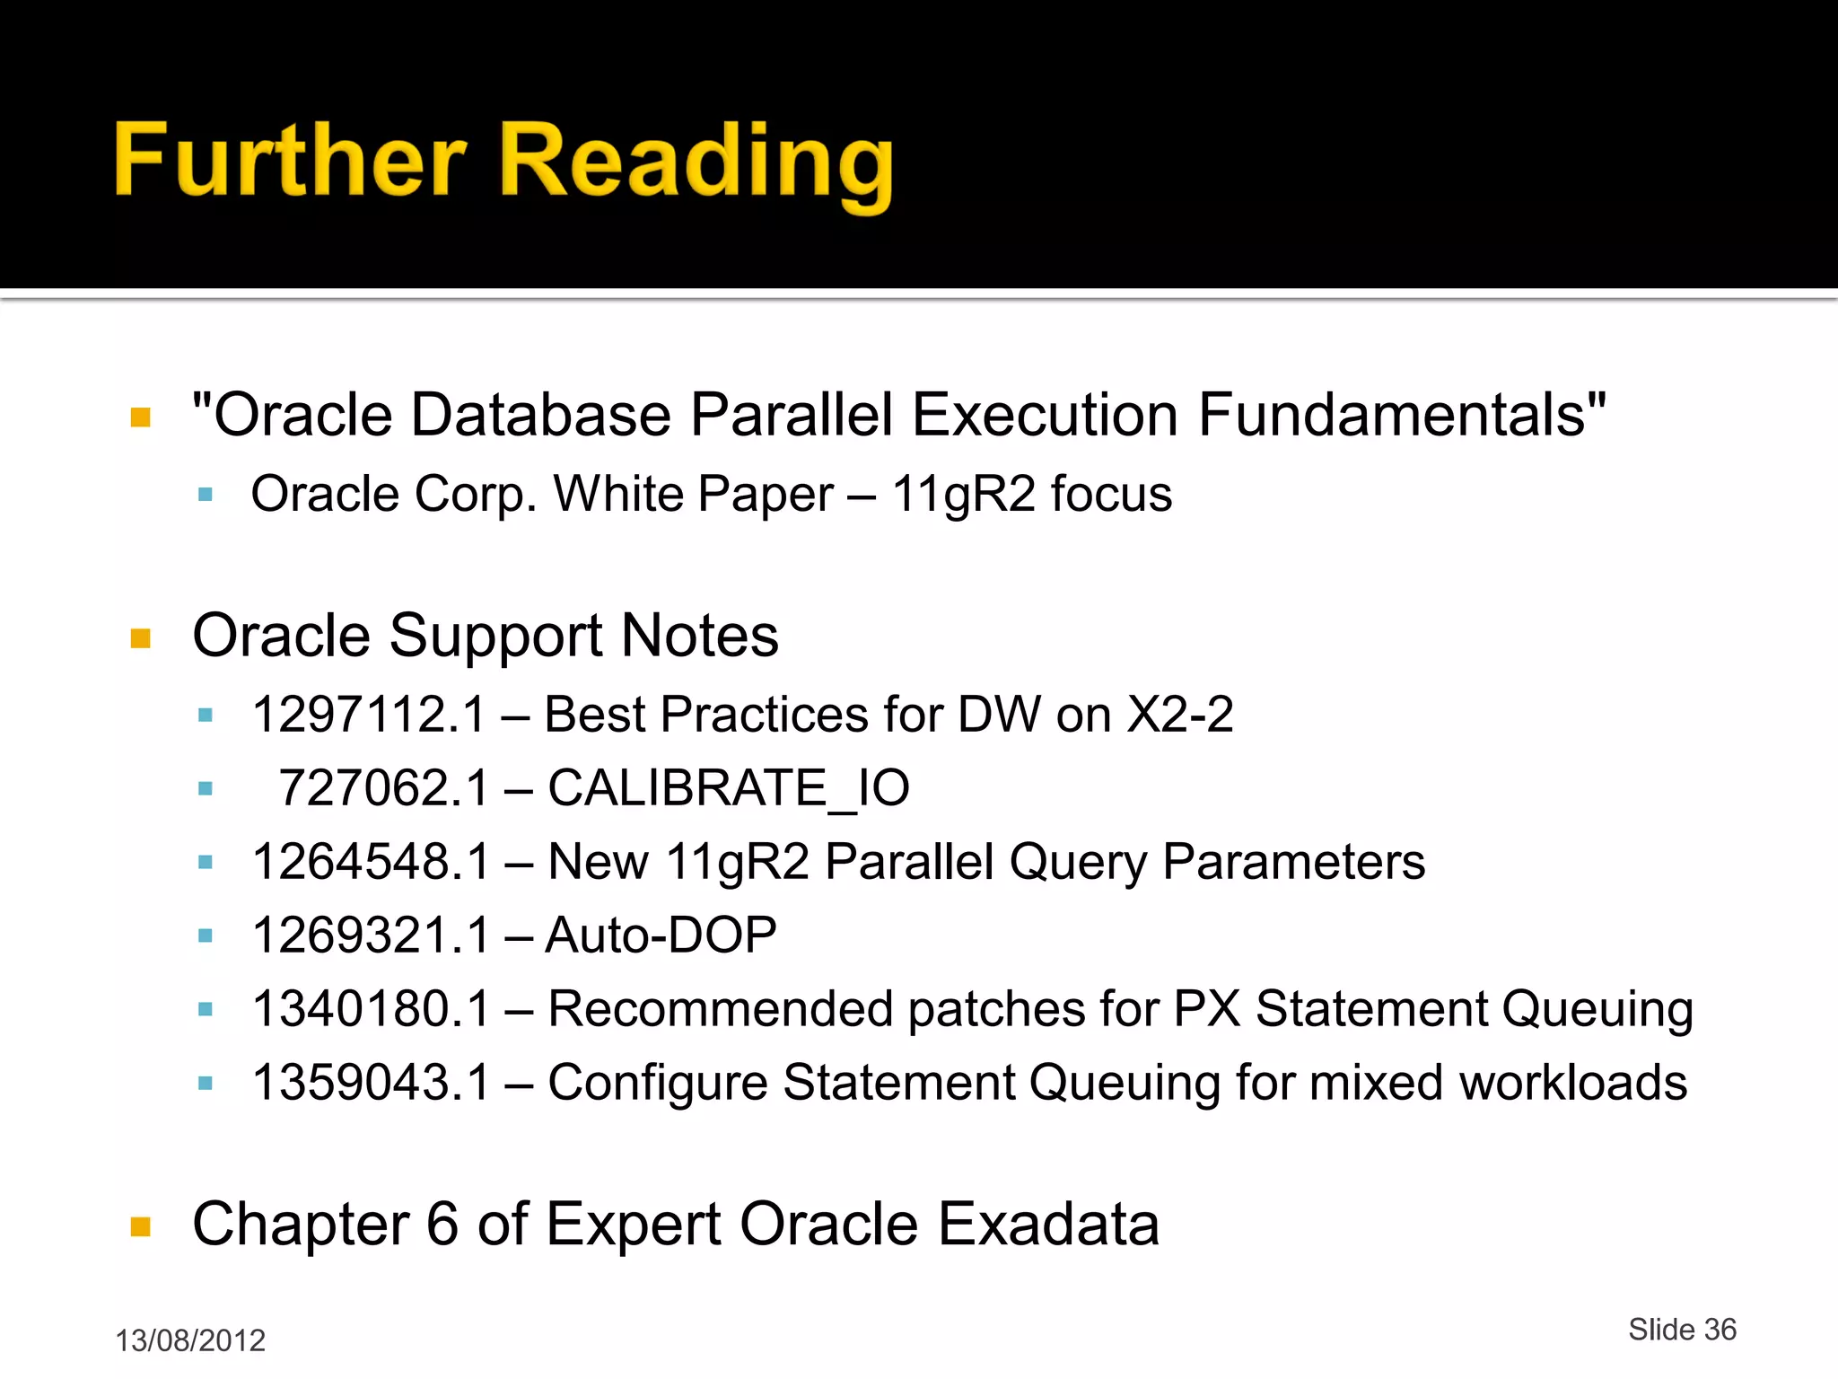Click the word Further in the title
(x=290, y=162)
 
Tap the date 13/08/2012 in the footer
(x=190, y=1340)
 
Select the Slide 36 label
(x=1682, y=1329)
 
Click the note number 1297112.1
(x=369, y=716)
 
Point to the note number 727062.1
(x=384, y=788)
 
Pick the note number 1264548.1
(x=371, y=862)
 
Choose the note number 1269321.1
(x=371, y=935)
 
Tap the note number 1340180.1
(x=371, y=1009)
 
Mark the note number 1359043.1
(x=371, y=1083)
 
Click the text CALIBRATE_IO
(x=729, y=788)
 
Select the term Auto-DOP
(x=661, y=935)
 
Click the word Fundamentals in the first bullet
(x=1402, y=415)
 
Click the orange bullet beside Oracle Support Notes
(x=141, y=638)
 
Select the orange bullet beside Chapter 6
(x=141, y=1226)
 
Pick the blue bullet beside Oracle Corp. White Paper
(x=206, y=494)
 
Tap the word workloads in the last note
(x=1572, y=1083)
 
